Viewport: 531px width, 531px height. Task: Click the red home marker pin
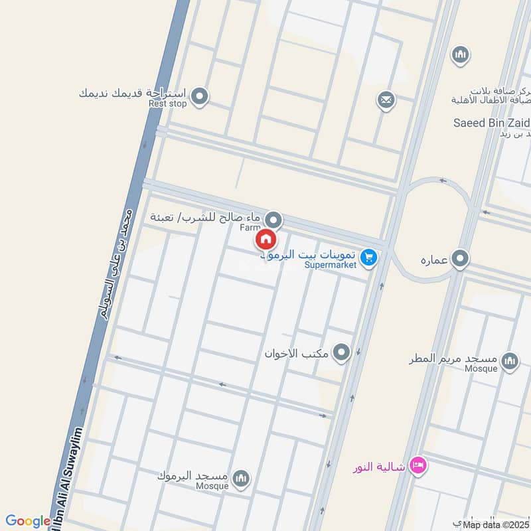(265, 239)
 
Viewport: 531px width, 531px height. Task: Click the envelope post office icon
(386, 101)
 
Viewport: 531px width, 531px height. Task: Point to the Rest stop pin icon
(200, 98)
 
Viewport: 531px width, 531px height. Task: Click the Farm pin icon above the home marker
(273, 220)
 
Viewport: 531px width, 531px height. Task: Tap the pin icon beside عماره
(461, 258)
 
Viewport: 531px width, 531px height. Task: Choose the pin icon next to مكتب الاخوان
(342, 352)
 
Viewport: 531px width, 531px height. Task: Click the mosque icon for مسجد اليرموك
(241, 477)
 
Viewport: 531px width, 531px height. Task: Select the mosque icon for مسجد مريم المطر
(510, 361)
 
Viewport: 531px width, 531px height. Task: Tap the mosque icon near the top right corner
(460, 55)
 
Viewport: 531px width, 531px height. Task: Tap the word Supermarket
(331, 265)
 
